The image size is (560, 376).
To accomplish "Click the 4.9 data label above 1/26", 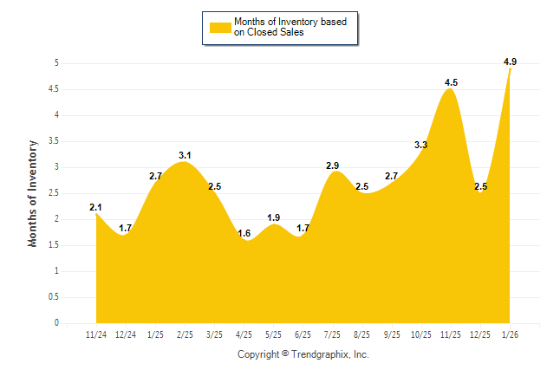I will point(510,62).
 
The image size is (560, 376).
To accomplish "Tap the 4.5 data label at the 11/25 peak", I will point(451,82).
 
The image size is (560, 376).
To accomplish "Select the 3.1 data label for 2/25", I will point(185,155).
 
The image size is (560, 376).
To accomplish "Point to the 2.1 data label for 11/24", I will point(96,207).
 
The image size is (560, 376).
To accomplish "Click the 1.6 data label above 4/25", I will point(244,233).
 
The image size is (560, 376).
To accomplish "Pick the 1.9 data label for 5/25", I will point(273,217).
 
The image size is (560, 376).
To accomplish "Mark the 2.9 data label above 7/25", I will point(332,165).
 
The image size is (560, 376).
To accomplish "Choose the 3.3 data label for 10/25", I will point(421,145).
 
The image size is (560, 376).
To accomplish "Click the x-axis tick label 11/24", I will point(96,334).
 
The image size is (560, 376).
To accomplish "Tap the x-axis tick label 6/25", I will point(303,334).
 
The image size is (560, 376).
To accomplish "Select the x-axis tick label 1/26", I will point(510,334).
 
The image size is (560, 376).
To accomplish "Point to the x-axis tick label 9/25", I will point(392,334).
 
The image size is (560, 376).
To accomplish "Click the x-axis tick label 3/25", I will point(214,334).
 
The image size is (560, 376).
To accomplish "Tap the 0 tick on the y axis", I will point(56,323).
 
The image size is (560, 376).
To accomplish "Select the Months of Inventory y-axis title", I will point(33,193).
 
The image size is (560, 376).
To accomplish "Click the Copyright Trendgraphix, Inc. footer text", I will point(303,355).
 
